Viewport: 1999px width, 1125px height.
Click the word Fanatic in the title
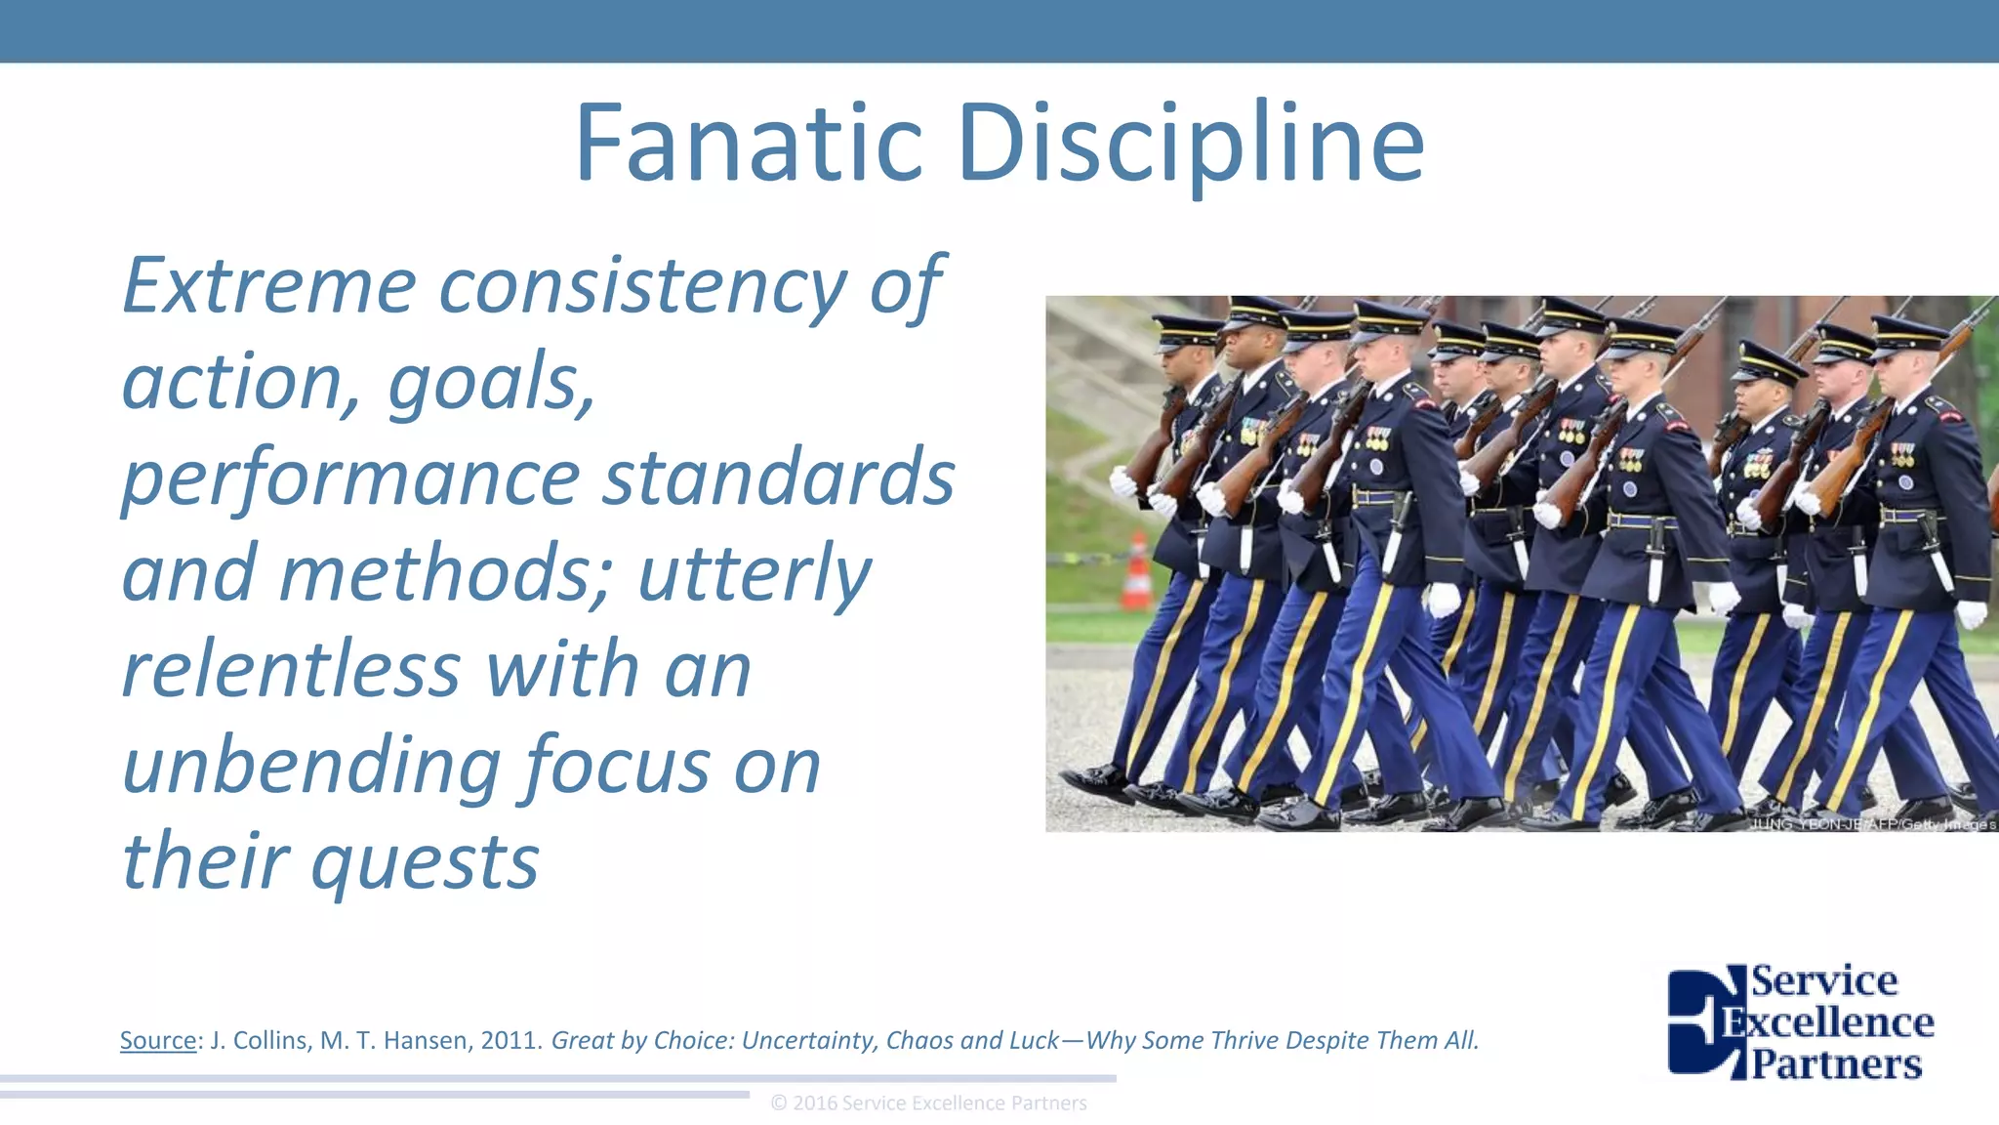[x=748, y=145]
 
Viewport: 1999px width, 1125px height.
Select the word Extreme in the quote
[x=269, y=285]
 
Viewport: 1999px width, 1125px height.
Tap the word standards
[x=778, y=477]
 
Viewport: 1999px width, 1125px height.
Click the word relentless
[x=291, y=669]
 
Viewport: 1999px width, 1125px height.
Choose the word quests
[x=426, y=863]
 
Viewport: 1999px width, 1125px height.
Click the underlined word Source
[x=158, y=1040]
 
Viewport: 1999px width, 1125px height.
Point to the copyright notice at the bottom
[x=928, y=1103]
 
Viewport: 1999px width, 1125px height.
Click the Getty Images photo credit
[x=1872, y=824]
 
